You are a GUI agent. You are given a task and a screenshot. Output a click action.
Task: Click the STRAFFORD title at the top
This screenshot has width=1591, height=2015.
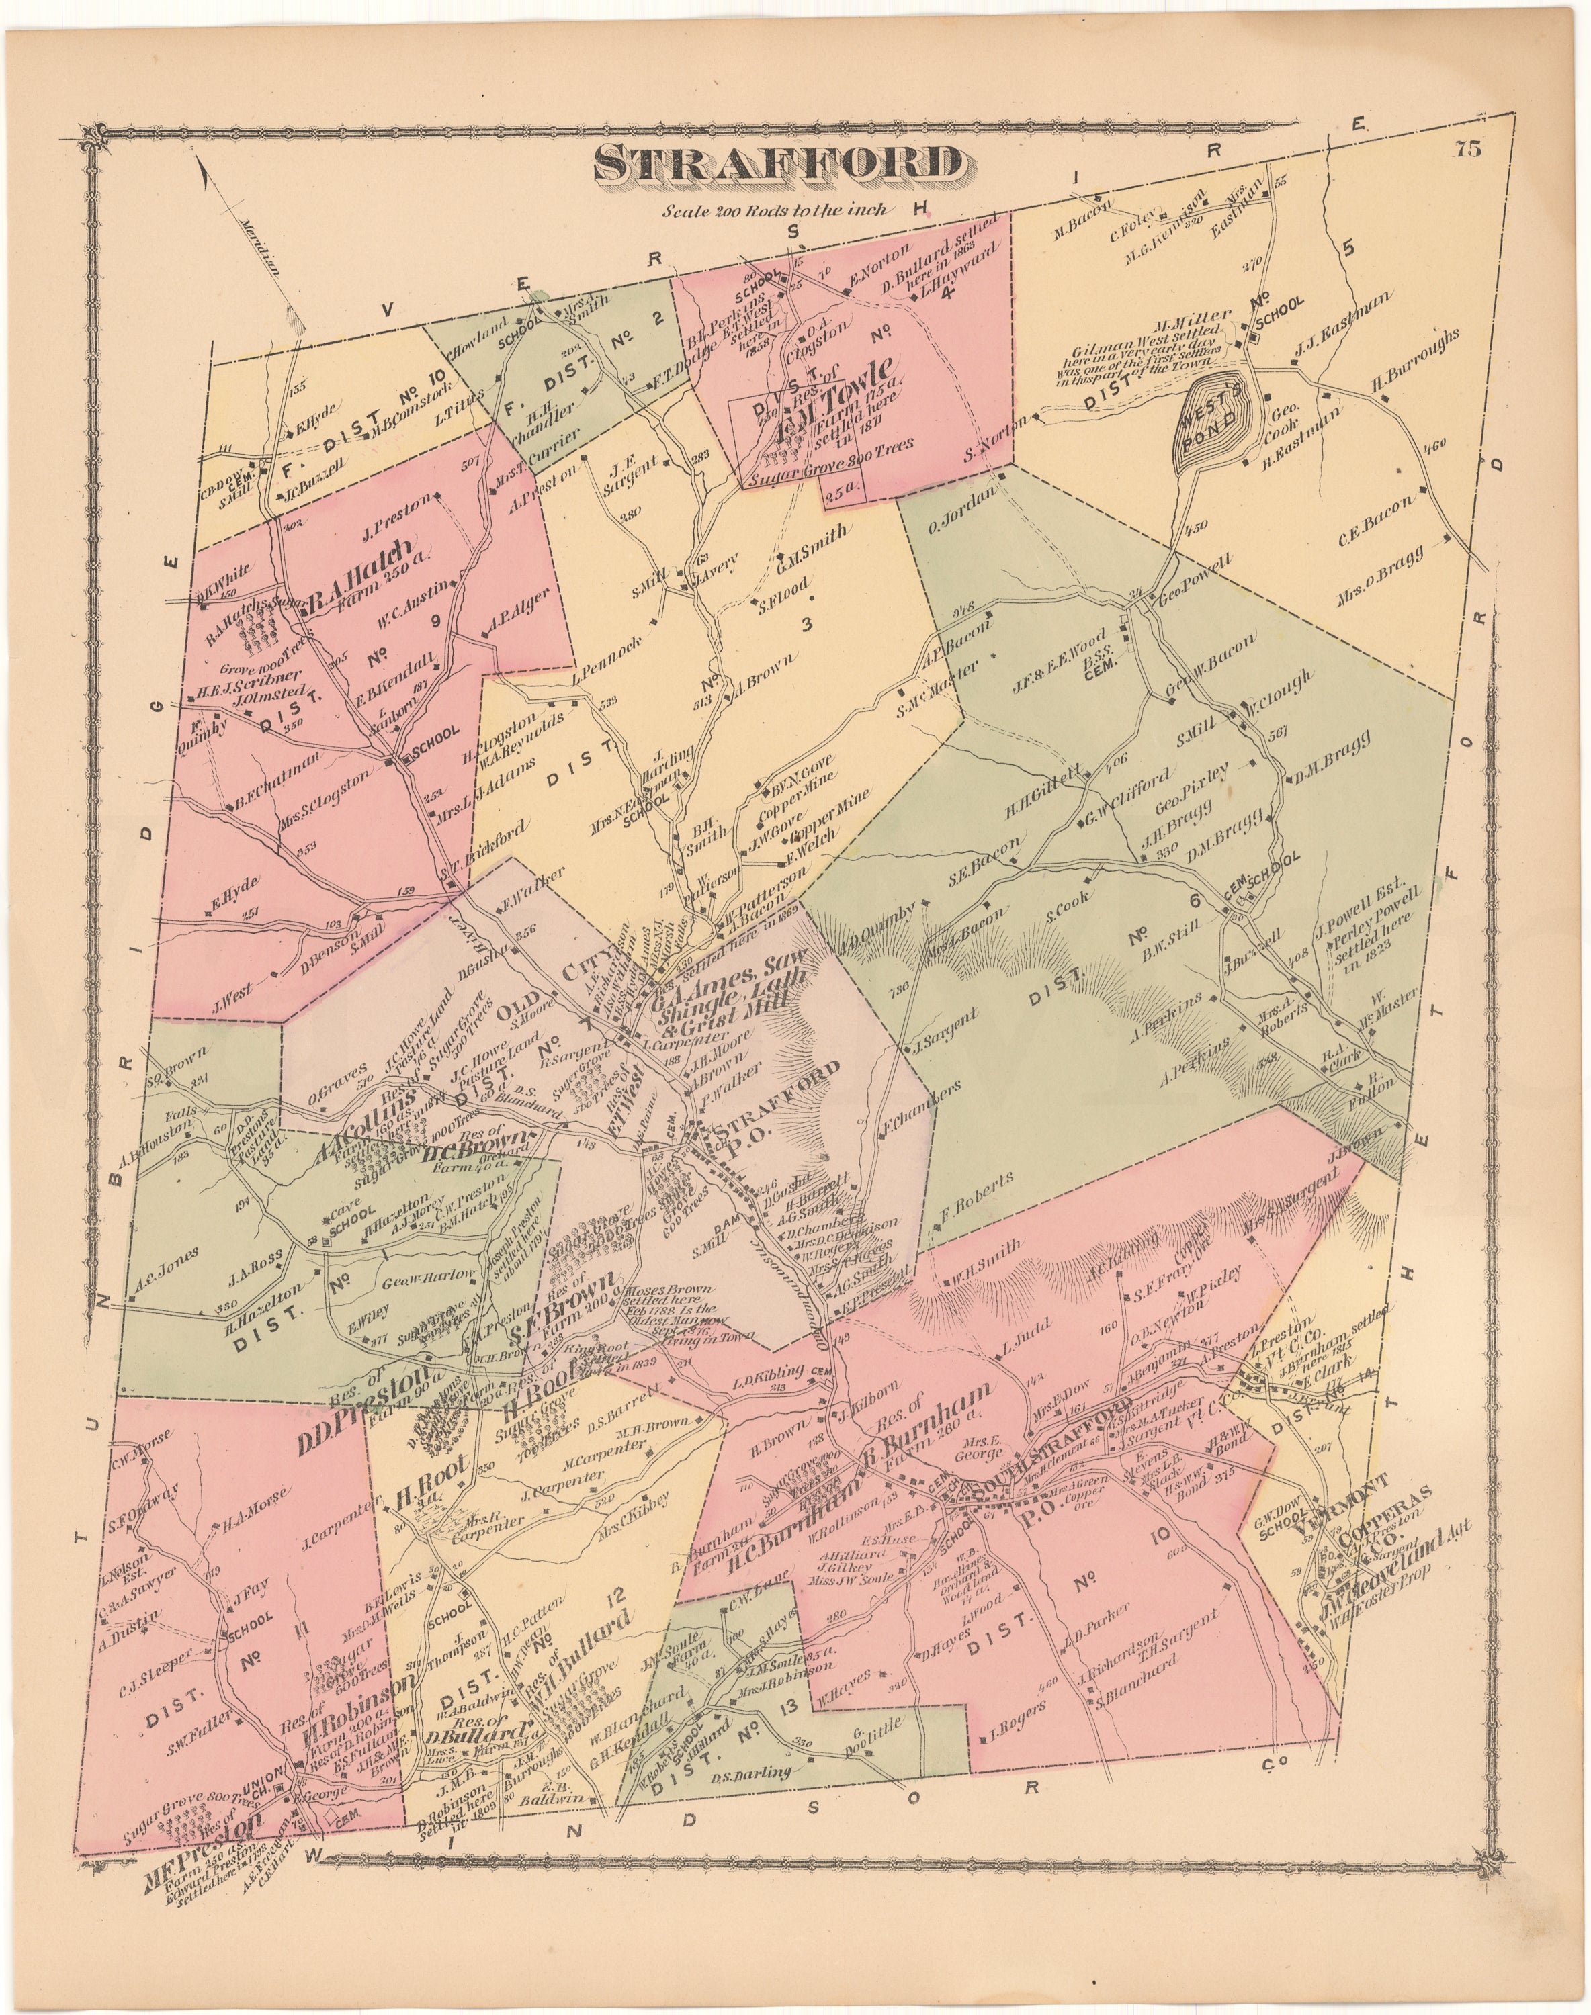[x=779, y=164]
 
